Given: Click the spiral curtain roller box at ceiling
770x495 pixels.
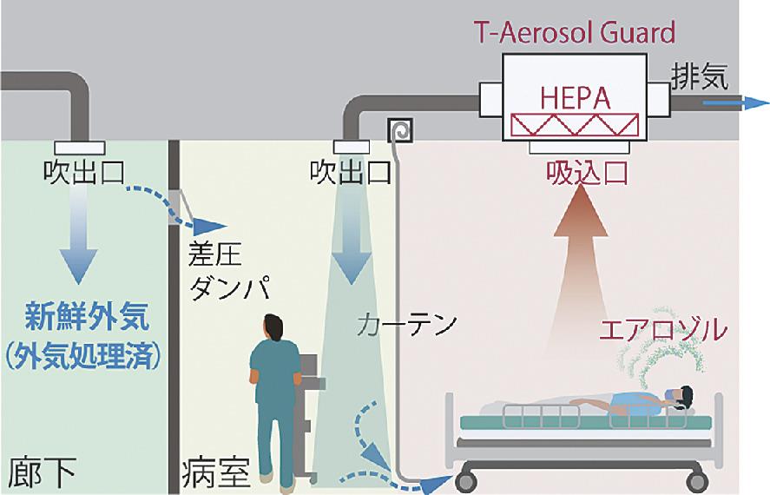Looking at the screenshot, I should (400, 130).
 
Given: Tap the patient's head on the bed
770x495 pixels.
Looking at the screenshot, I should (682, 398).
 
